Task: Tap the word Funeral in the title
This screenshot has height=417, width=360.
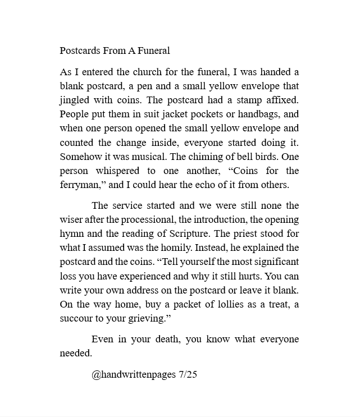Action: pyautogui.click(x=154, y=51)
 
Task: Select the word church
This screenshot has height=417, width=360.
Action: pyautogui.click(x=149, y=72)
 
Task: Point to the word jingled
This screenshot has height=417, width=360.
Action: pyautogui.click(x=76, y=100)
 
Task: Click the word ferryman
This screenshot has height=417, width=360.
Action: pyautogui.click(x=80, y=184)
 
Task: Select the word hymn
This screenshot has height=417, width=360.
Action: pyautogui.click(x=71, y=233)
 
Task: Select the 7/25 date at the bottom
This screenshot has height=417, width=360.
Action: pyautogui.click(x=186, y=374)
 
